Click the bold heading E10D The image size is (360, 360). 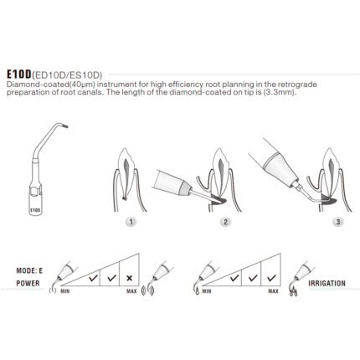point(19,75)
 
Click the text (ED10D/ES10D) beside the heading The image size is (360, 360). point(67,75)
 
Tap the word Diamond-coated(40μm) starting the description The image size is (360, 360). point(50,85)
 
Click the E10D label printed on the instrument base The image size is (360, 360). point(35,209)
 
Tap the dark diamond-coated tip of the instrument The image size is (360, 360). point(65,126)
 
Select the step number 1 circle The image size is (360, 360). point(131,222)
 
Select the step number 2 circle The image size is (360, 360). point(225,222)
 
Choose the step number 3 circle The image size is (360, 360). point(338,222)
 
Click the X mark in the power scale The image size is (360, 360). point(129,278)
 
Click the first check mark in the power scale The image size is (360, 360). point(94,278)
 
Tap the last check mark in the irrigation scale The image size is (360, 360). point(271,278)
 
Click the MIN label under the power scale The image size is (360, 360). point(65,291)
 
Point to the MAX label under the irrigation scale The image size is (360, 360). point(273,291)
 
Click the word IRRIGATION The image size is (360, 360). point(327,284)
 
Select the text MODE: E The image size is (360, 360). point(29,270)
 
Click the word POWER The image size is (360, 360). point(28,284)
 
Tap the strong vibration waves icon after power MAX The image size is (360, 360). point(148,291)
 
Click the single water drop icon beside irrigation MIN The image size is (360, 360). point(198,291)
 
